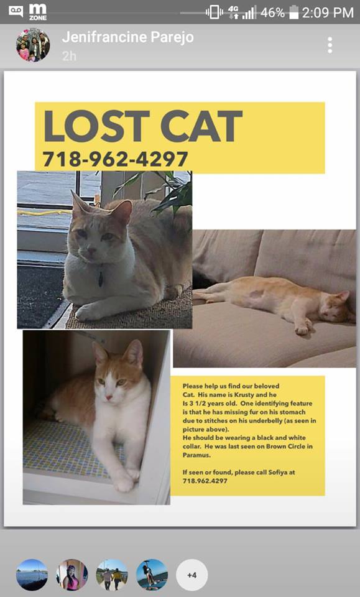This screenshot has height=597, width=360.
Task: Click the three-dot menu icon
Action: click(x=330, y=45)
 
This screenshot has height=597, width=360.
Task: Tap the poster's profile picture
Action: click(x=33, y=45)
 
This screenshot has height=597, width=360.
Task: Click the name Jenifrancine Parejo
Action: click(x=127, y=37)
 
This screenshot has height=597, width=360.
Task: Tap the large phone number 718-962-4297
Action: click(x=115, y=159)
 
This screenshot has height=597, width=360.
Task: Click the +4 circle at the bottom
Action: click(x=192, y=575)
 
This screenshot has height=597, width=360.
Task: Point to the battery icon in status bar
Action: click(x=293, y=12)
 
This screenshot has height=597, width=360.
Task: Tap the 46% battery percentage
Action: click(x=272, y=12)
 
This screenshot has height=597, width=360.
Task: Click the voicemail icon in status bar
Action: click(x=16, y=11)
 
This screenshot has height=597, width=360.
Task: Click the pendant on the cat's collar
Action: click(x=101, y=279)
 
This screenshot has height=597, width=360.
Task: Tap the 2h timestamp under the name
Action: click(x=68, y=56)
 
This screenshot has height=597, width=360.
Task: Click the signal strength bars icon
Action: click(x=249, y=12)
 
